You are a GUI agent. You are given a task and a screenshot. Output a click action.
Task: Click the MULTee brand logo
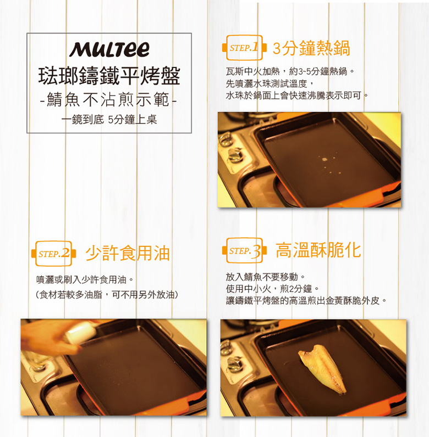[x=109, y=49]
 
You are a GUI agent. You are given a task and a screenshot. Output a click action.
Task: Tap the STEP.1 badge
[x=244, y=48]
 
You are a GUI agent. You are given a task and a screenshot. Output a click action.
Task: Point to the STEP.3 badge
[x=244, y=250]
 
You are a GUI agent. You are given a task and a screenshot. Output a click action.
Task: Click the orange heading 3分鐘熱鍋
[x=311, y=48]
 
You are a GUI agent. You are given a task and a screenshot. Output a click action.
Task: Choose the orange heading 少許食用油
[x=128, y=253]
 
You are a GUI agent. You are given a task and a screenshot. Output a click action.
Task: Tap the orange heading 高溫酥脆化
[x=318, y=250]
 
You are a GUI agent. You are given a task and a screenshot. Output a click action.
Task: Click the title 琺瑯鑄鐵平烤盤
[x=109, y=76]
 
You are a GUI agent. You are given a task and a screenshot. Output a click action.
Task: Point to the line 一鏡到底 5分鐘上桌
[x=109, y=120]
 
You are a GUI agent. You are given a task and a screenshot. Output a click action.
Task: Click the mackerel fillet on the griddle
[x=323, y=368]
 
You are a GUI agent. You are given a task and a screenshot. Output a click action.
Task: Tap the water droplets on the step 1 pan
[x=327, y=163]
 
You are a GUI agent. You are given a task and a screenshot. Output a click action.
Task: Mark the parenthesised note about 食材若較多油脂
[x=107, y=295]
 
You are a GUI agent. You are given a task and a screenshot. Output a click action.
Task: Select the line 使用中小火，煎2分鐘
[x=272, y=289]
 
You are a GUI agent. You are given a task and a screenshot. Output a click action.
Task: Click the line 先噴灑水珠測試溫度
[x=270, y=83]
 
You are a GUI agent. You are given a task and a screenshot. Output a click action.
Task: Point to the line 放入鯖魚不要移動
[x=266, y=277]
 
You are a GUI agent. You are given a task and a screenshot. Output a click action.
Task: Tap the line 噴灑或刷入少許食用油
[x=85, y=279]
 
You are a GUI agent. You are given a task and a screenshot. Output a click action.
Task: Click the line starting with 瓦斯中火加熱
[x=290, y=71]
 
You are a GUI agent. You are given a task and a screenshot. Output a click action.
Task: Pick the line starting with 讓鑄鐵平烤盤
[x=306, y=301]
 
